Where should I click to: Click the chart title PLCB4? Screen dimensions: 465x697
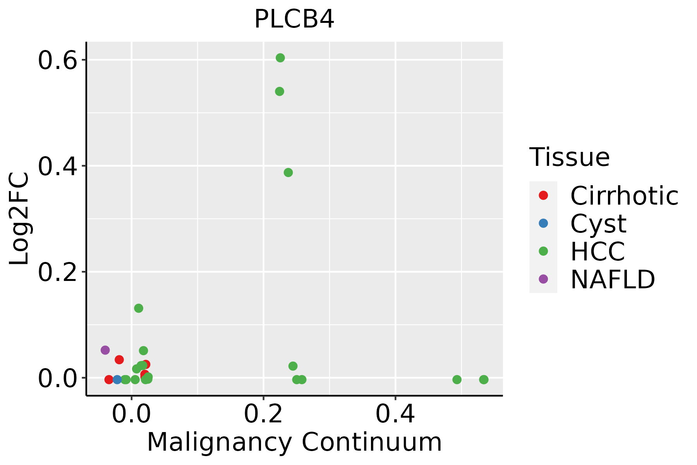point(294,19)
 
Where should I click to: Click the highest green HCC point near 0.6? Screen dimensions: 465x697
point(280,58)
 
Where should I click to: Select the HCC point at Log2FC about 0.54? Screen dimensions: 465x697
point(280,91)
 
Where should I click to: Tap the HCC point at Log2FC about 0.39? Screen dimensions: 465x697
point(288,172)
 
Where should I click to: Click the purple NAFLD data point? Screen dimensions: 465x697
point(105,350)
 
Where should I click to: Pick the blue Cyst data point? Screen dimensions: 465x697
point(117,379)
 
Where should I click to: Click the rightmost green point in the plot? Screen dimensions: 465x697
point(484,379)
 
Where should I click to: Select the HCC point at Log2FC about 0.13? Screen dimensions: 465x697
point(139,308)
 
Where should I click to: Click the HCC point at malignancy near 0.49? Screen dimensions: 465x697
point(457,379)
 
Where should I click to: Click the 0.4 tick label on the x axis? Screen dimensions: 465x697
point(395,415)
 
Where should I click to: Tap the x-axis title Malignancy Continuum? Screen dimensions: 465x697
point(294,442)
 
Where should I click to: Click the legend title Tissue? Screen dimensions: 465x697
point(570,157)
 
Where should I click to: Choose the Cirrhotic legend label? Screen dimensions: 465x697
point(624,196)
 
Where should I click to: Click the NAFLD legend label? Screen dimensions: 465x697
point(613,279)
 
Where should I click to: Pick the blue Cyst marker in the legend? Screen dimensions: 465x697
point(543,223)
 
